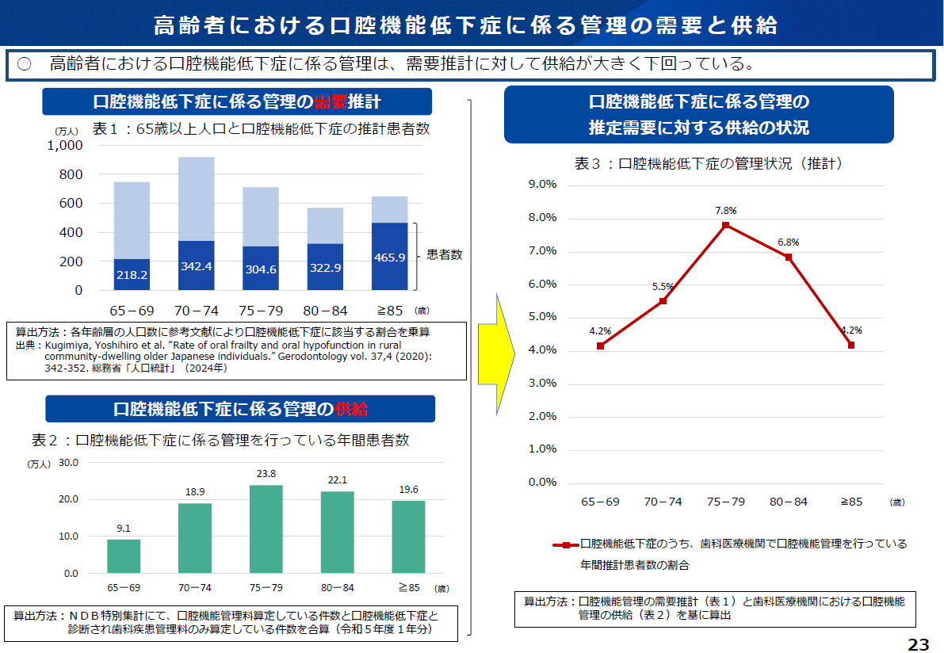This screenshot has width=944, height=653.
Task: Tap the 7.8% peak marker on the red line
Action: (725, 225)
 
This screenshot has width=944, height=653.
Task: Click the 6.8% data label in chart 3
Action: (788, 242)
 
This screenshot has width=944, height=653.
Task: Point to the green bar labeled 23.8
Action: (266, 529)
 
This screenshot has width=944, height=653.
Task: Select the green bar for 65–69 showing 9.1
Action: (124, 556)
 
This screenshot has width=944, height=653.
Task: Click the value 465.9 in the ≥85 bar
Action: (390, 258)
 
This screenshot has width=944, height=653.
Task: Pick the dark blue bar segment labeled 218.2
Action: (132, 274)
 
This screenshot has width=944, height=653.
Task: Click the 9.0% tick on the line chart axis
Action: (542, 184)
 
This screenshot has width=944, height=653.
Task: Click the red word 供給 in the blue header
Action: (351, 409)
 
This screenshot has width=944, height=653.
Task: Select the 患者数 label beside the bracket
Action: (445, 255)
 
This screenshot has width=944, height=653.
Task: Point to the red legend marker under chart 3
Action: (565, 544)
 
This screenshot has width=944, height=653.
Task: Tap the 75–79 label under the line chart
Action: (725, 502)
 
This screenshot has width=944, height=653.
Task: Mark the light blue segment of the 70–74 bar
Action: (196, 198)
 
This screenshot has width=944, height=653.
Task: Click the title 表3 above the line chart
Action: (589, 164)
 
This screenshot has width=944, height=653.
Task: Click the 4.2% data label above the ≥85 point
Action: (850, 330)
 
